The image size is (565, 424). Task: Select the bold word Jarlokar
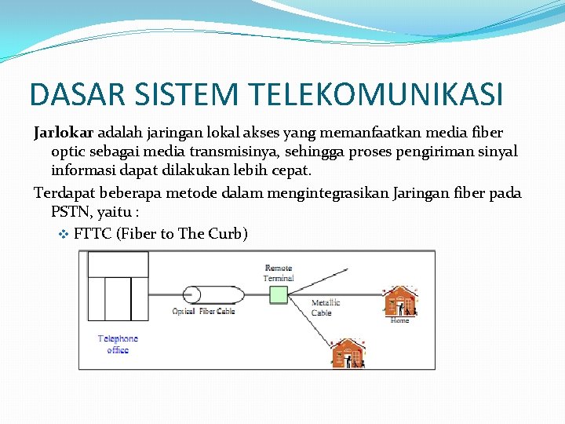click(64, 132)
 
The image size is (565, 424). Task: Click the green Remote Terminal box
click(279, 294)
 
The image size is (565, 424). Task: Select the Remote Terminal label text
click(279, 272)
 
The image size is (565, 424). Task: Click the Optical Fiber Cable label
click(203, 312)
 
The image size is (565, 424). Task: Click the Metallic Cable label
click(325, 308)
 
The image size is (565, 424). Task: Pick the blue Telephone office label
click(118, 344)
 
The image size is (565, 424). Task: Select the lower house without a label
click(348, 353)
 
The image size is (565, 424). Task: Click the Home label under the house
click(399, 320)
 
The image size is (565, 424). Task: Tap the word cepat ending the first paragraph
click(291, 170)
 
